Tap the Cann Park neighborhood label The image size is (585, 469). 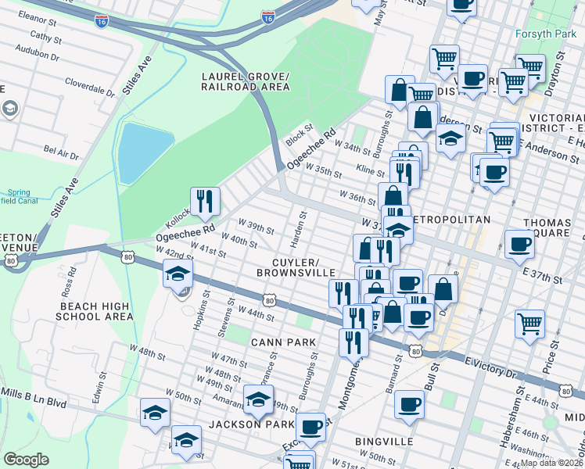point(282,342)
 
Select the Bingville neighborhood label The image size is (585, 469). point(384,442)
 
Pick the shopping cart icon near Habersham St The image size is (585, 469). point(530,321)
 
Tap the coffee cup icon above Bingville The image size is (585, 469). point(409,403)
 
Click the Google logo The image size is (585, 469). point(26,460)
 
